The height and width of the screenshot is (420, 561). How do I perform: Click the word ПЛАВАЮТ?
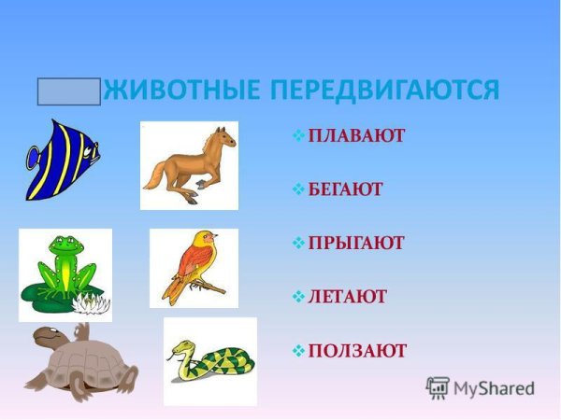(356, 136)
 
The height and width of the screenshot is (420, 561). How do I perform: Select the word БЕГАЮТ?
(345, 189)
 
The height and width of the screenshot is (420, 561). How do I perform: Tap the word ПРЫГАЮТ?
(356, 243)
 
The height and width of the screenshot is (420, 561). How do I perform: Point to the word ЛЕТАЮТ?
(347, 297)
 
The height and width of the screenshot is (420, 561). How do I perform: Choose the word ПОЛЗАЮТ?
(357, 351)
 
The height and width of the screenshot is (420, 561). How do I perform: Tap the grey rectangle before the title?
(68, 91)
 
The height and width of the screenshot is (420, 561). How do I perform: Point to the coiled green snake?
(210, 361)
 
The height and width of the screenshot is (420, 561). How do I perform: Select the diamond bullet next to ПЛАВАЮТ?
(298, 136)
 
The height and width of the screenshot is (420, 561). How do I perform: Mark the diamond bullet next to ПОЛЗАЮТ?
(298, 351)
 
